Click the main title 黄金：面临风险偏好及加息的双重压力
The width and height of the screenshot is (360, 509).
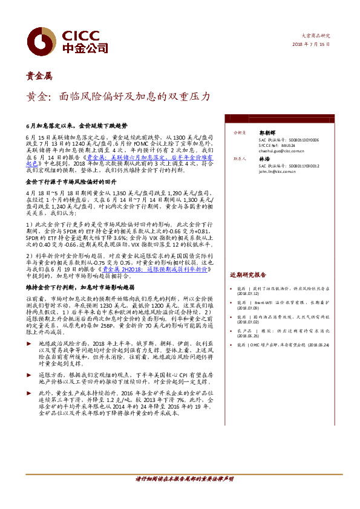pyautogui.click(x=118, y=96)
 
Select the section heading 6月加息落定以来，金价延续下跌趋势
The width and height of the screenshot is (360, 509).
pyautogui.click(x=77, y=127)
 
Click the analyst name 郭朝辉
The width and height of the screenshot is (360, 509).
pyautogui.click(x=267, y=131)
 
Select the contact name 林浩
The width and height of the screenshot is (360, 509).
pyautogui.click(x=264, y=158)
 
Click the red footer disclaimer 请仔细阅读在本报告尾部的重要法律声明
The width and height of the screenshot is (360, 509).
pyautogui.click(x=179, y=479)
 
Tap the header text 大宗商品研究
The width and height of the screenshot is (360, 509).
pyautogui.click(x=316, y=36)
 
